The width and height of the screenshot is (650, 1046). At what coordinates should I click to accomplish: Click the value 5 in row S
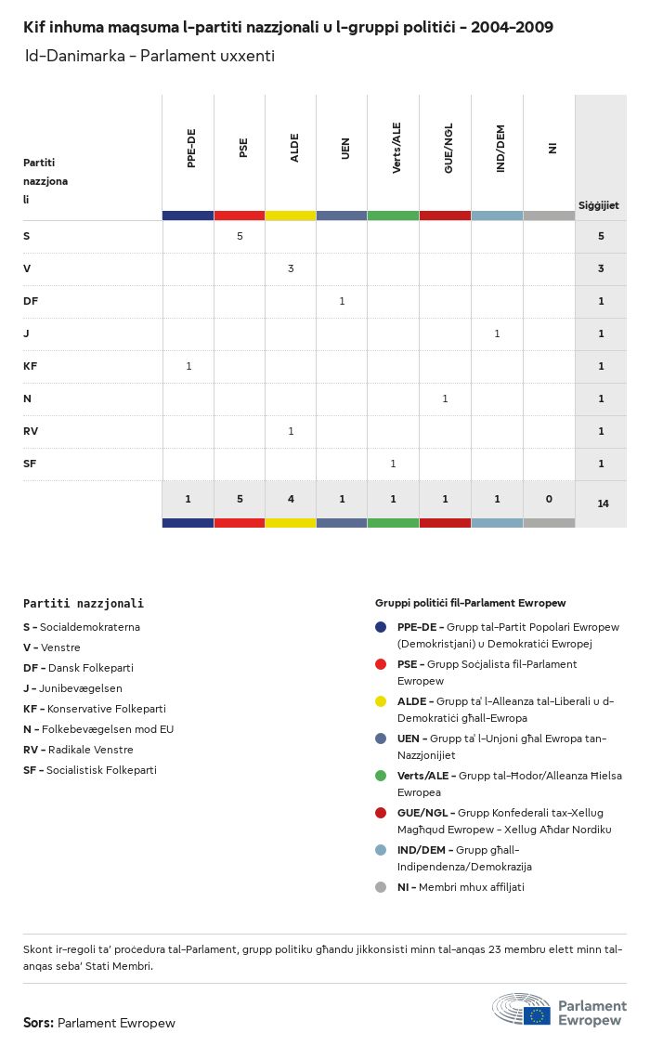240,236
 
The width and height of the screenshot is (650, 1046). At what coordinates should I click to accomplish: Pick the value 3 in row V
291,268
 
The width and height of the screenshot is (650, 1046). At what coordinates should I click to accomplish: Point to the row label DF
31,301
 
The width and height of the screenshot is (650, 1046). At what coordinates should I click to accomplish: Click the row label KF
31,366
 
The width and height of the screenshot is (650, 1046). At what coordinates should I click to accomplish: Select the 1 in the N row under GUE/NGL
445,399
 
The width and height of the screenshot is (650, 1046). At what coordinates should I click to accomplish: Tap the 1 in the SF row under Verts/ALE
393,464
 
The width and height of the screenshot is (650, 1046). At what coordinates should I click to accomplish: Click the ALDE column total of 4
291,499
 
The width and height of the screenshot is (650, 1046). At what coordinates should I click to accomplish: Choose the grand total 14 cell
603,503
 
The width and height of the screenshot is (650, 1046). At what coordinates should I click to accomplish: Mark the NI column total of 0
549,499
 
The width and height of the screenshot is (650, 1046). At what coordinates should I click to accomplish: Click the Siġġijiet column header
599,205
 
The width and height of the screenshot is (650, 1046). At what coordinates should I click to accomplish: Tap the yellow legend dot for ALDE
381,701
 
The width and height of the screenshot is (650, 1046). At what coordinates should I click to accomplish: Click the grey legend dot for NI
381,887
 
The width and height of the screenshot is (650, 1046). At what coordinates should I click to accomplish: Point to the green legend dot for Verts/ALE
381,776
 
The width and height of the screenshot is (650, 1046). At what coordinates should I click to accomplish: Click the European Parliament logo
559,1009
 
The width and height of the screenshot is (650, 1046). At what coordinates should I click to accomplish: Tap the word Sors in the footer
37,1023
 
